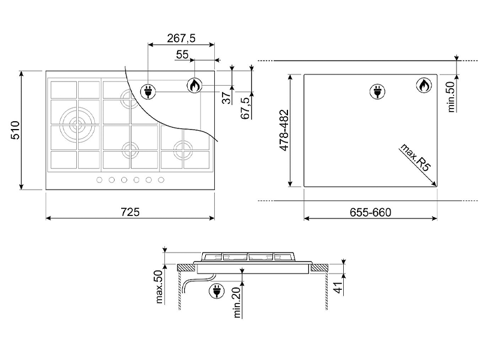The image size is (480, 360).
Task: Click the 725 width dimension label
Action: coord(130,212)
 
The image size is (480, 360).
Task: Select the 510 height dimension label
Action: coord(16,130)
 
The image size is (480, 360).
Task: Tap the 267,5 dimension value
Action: coord(181,38)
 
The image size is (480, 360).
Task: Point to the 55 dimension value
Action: coord(182,55)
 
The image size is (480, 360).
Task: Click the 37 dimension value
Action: coord(226,98)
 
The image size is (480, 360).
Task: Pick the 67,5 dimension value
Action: coord(245,108)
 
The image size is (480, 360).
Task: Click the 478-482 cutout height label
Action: coord(284,130)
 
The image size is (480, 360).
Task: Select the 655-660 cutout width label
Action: coord(370,212)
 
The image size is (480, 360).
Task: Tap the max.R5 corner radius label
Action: coord(415,157)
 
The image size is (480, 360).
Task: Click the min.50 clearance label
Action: coord(452,97)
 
